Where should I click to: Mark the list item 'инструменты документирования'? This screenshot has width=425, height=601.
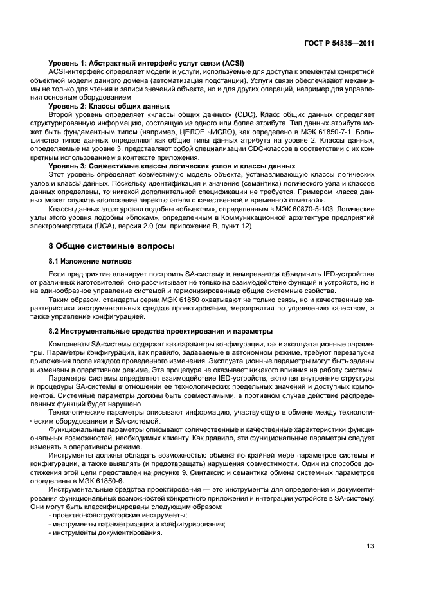[107, 532]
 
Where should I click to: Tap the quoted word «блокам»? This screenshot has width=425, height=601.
[141, 218]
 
